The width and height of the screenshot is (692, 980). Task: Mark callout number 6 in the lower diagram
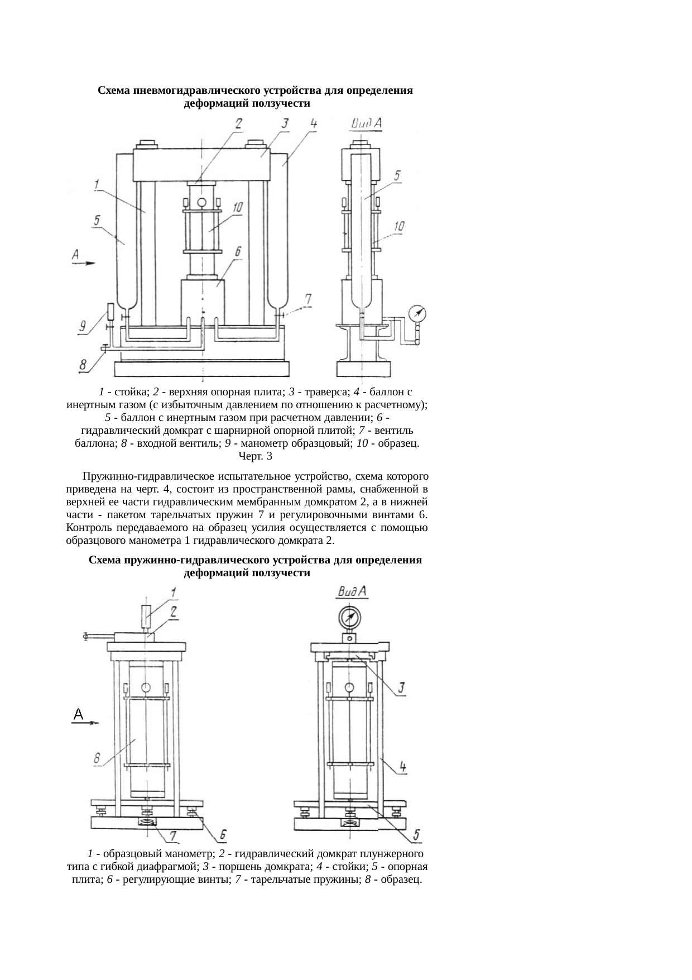223,835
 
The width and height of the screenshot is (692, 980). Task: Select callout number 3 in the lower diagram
401,688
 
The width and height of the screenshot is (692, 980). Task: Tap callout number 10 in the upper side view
398,227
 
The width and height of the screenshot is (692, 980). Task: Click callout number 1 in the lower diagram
174,591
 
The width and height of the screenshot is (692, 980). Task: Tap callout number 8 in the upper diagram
83,366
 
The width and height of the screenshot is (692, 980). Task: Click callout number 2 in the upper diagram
239,124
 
